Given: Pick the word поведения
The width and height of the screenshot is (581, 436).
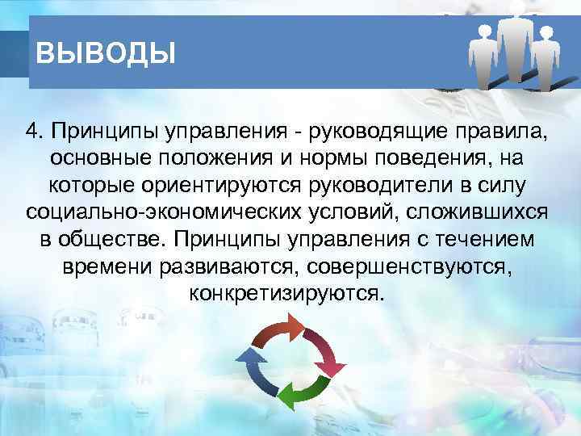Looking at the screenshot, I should tap(441, 157).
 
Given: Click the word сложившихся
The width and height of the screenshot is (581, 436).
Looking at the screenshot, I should tap(479, 212).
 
